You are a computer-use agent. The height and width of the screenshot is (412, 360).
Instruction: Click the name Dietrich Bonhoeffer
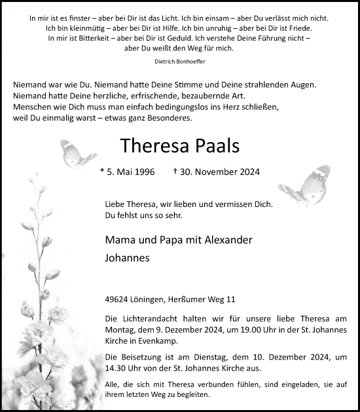pos(179,62)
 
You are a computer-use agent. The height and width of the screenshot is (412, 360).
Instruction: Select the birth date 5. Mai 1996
pos(131,172)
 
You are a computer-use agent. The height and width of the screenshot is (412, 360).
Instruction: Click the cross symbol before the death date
pos(175,172)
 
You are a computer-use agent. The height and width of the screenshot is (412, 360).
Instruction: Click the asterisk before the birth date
pos(102,172)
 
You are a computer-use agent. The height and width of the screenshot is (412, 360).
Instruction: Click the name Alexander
pos(225,240)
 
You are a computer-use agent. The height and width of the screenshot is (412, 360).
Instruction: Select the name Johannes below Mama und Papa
pos(127,258)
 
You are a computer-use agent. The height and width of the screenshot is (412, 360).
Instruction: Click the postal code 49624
pos(117,300)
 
